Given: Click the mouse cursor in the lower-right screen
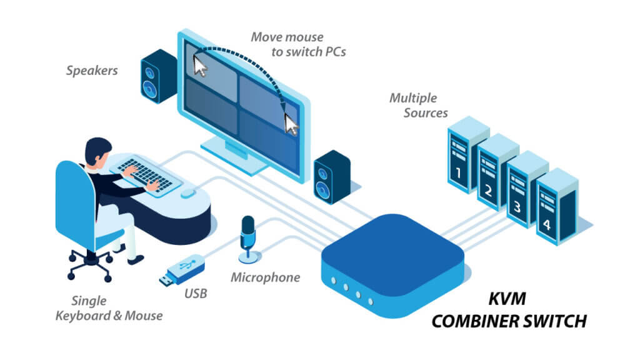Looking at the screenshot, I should point(291,124).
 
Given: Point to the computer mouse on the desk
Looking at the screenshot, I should point(187,194).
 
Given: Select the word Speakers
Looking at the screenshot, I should point(92,71).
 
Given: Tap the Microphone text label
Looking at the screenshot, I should point(265,277).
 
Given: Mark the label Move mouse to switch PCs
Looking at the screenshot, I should point(299,44).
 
